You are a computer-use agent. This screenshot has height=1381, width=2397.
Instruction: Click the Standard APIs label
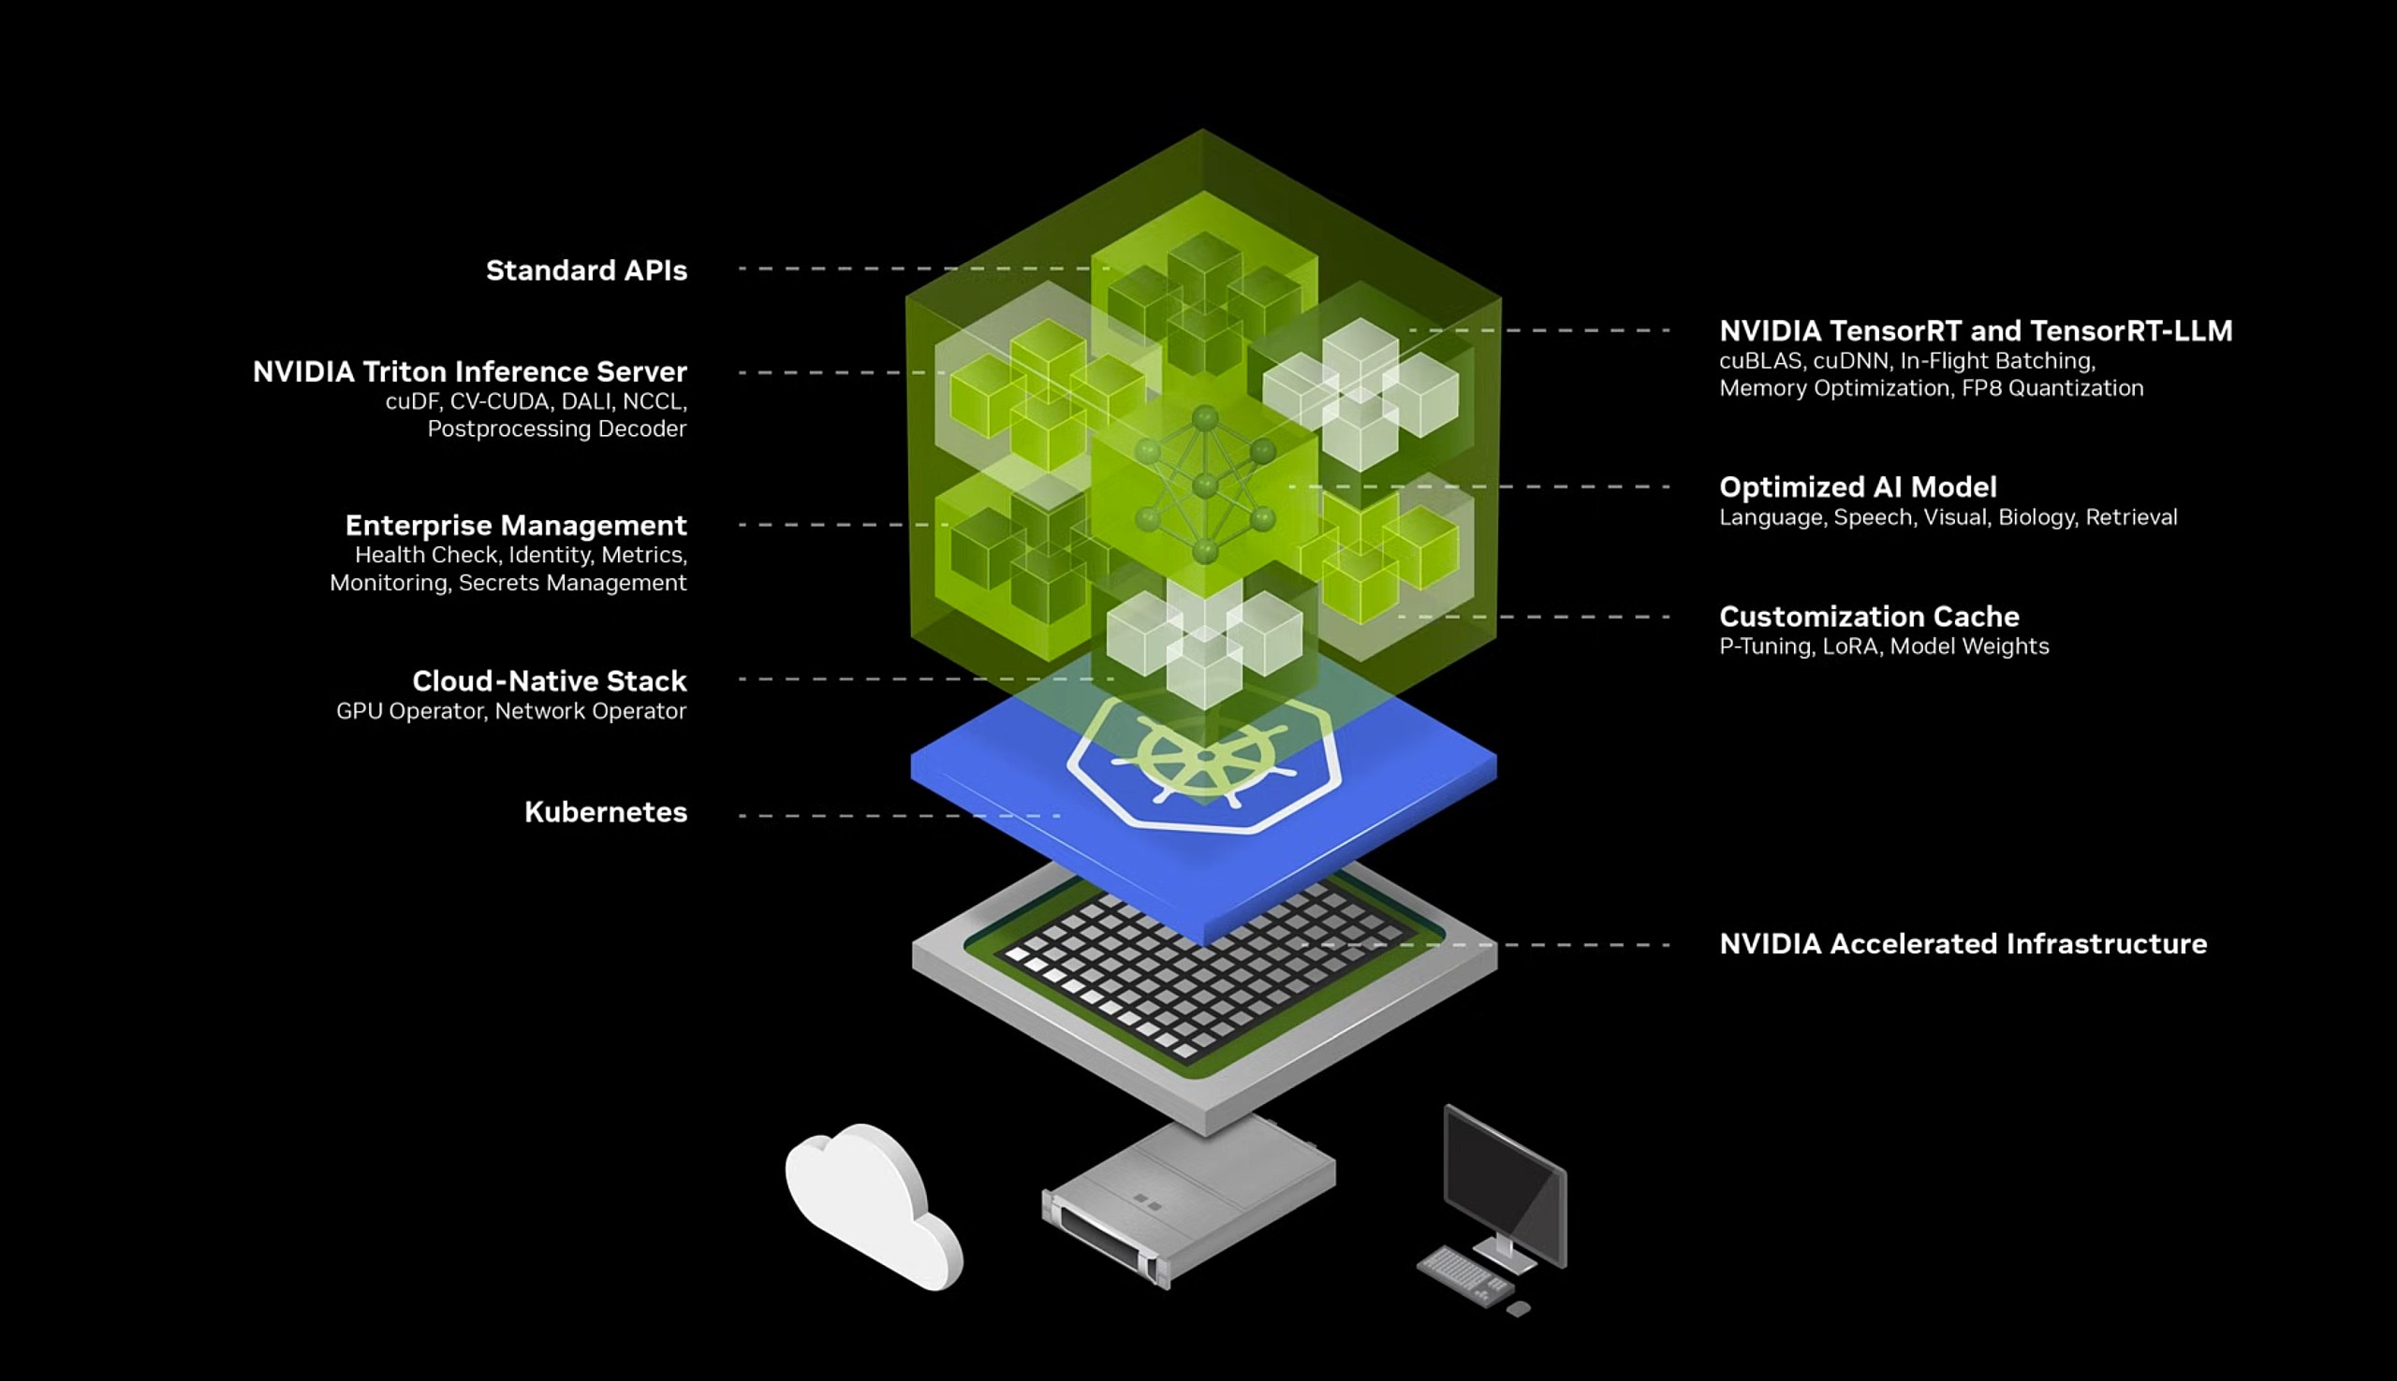tap(585, 270)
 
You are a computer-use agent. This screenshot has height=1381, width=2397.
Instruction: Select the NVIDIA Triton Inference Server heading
tap(469, 371)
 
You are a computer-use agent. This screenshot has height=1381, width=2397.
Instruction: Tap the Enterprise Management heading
tap(515, 525)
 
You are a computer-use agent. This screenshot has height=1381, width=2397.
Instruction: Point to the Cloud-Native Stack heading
tap(549, 680)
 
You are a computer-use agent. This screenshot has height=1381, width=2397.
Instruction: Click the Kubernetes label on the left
tap(606, 812)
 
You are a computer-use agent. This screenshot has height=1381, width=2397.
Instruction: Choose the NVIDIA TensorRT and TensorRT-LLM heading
tap(1976, 331)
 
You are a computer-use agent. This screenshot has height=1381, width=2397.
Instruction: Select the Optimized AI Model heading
tap(1858, 487)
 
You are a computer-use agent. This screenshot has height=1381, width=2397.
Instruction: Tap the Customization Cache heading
tap(1869, 617)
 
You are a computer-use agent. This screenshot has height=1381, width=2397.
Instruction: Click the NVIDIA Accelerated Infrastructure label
tap(1963, 944)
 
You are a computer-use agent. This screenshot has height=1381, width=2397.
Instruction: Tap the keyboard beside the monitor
tap(1464, 1275)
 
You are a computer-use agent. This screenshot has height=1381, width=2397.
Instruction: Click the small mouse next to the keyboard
tap(1519, 1309)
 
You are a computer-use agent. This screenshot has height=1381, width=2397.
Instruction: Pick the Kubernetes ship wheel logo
tap(1203, 759)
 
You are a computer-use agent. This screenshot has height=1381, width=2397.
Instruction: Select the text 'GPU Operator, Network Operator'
tap(510, 711)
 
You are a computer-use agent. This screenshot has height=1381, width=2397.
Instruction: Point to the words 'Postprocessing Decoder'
tap(556, 429)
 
